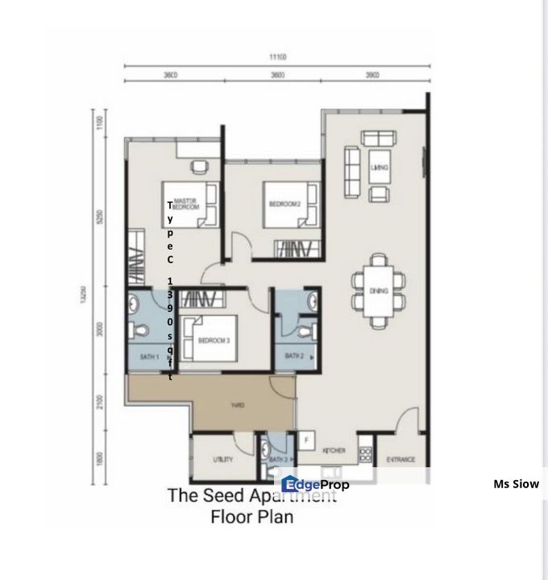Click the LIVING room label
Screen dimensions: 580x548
pos(380,168)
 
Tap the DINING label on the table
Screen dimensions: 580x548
pos(379,291)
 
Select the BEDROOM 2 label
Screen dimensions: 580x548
pos(284,204)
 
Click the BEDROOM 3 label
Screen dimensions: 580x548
pos(214,341)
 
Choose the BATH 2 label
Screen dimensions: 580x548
pos(294,355)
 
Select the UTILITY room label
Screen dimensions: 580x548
pos(223,460)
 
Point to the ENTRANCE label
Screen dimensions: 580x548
pos(401,460)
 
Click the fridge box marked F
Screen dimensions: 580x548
pos(306,440)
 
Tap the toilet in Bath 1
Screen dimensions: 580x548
pos(142,329)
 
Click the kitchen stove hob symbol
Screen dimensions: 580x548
pos(365,454)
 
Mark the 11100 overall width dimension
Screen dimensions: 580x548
pos(279,57)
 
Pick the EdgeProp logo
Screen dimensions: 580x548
pos(315,484)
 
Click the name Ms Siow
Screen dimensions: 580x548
pos(516,484)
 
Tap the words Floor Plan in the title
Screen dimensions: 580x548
pos(251,517)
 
